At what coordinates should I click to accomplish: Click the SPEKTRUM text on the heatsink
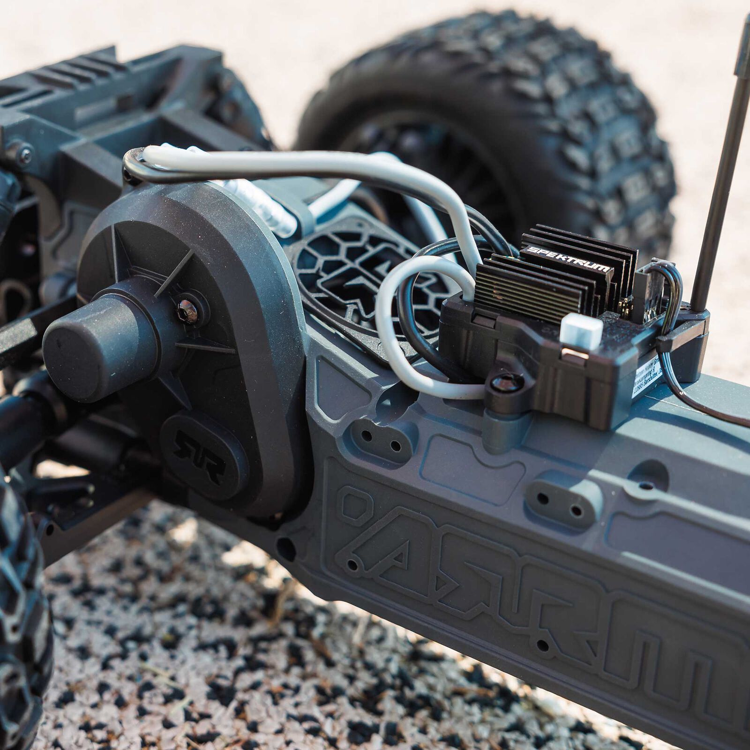pyautogui.click(x=569, y=260)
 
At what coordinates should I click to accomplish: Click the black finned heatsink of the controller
pyautogui.click(x=553, y=281)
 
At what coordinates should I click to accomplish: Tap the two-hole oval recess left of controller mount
pyautogui.click(x=382, y=441)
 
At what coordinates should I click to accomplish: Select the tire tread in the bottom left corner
pyautogui.click(x=19, y=609)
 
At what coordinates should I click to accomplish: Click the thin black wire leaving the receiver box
pyautogui.click(x=703, y=408)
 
